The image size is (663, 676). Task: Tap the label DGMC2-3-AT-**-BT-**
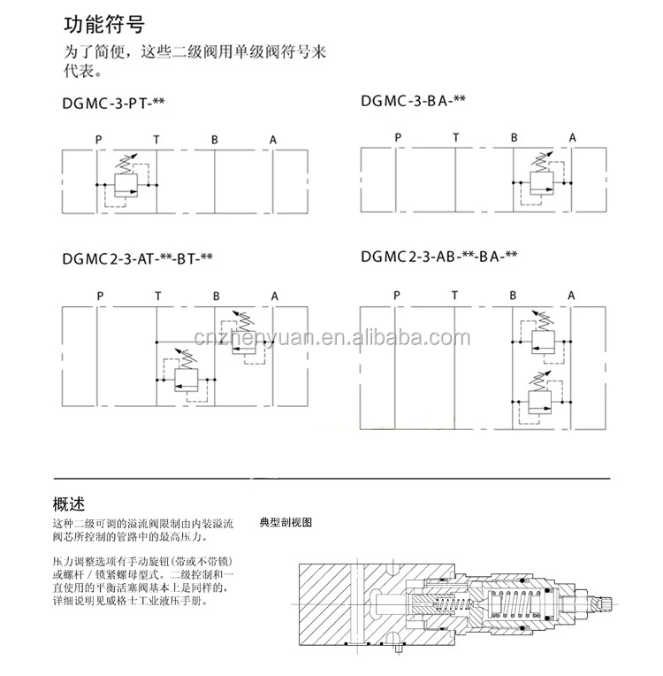(137, 258)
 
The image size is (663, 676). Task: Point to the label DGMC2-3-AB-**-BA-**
(438, 257)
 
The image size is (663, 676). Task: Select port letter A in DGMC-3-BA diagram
(572, 136)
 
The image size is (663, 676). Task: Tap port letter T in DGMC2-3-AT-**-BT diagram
(158, 296)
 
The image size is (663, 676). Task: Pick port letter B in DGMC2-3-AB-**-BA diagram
(514, 295)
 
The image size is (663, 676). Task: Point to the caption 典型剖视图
(286, 522)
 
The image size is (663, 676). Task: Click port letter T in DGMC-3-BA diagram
(455, 136)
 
